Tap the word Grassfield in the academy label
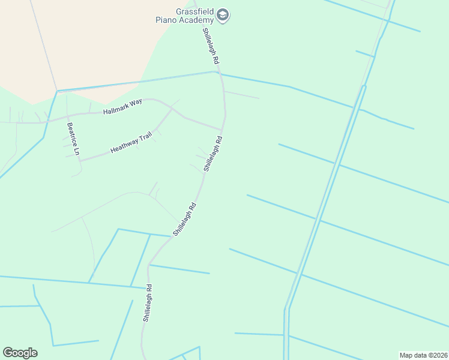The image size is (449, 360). tap(195, 11)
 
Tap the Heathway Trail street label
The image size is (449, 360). tap(131, 144)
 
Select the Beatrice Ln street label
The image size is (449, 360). tap(73, 139)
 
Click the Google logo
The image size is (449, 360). tap(20, 352)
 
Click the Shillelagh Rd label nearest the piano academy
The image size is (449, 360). tap(211, 47)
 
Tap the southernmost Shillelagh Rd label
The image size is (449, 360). tap(147, 303)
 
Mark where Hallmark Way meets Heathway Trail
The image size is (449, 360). tap(172, 109)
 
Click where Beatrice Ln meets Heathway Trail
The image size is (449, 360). tap(80, 160)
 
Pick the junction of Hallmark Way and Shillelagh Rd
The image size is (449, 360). tap(222, 129)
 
